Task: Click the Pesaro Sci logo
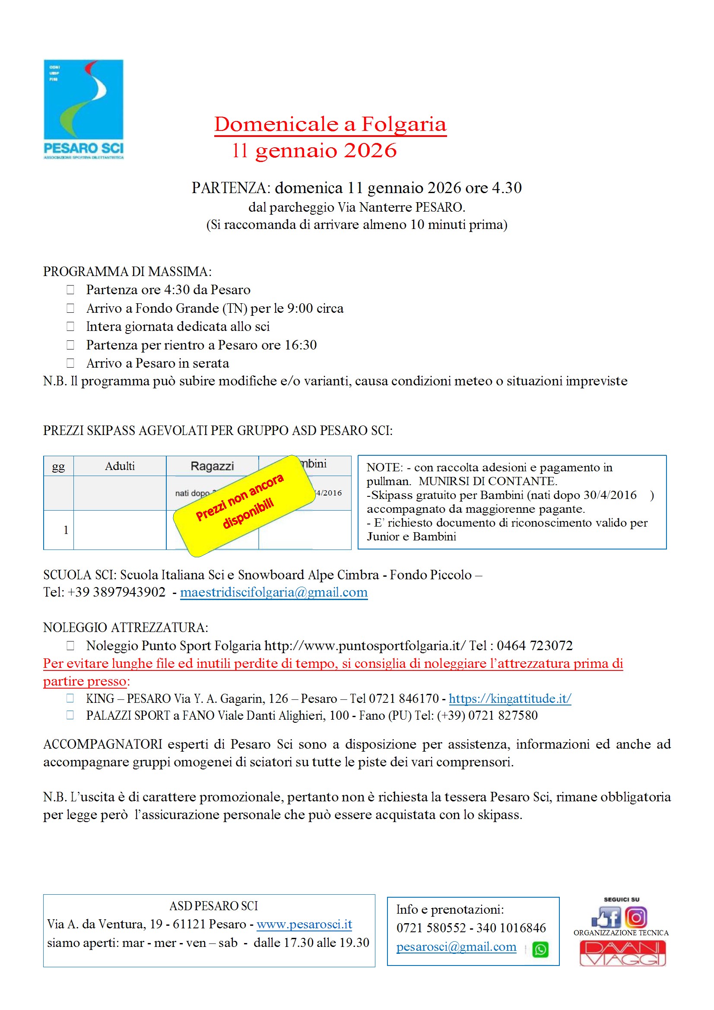84,109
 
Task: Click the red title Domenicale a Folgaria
330,124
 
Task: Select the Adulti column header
120,466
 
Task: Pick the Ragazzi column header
212,466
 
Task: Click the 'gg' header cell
58,466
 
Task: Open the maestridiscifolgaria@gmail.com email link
273,592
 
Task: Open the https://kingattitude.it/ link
509,698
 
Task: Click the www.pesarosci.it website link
304,924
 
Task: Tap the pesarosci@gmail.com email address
456,946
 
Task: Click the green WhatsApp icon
540,949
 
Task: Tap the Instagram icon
636,918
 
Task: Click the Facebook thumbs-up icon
606,918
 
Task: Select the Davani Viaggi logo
622,953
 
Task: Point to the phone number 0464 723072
534,645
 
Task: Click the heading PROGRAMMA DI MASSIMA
127,271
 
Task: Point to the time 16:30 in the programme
301,345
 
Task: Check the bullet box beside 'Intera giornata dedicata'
70,327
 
